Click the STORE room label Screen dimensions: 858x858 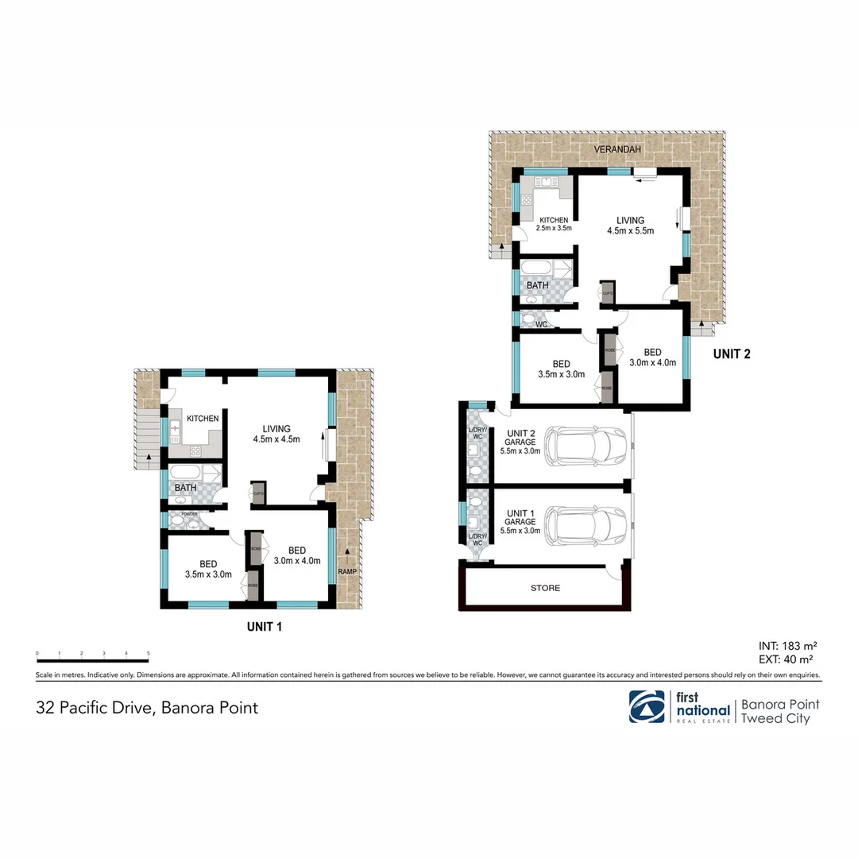click(x=545, y=589)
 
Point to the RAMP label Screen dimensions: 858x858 click(x=347, y=570)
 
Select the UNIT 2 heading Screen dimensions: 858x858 click(x=731, y=355)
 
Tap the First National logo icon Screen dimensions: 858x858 click(x=647, y=706)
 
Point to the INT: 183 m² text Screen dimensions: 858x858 click(x=785, y=646)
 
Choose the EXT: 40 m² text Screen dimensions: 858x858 click(x=785, y=659)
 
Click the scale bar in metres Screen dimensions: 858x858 click(x=93, y=660)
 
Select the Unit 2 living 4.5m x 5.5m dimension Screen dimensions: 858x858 click(x=630, y=231)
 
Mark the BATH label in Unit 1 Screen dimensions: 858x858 click(x=186, y=488)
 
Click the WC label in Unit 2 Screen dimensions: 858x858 click(x=540, y=325)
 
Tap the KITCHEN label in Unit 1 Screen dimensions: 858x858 click(x=203, y=418)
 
